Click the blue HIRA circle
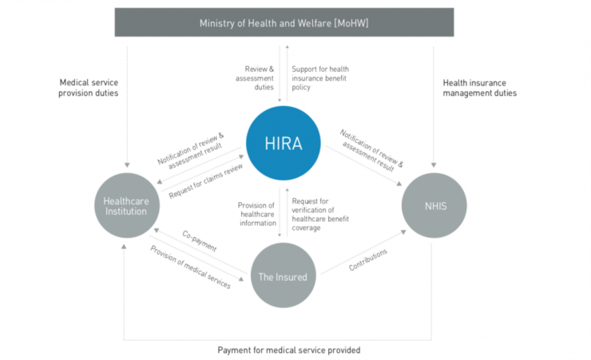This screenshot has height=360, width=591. pos(280,144)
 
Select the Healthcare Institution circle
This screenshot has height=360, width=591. pos(125,204)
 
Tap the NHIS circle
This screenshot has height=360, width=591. pos(435,204)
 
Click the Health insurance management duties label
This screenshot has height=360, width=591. pos(479,87)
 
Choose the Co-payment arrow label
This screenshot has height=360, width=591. pos(199,242)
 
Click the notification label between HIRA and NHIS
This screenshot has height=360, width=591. pos(371,151)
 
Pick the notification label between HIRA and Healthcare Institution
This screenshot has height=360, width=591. pos(190,148)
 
